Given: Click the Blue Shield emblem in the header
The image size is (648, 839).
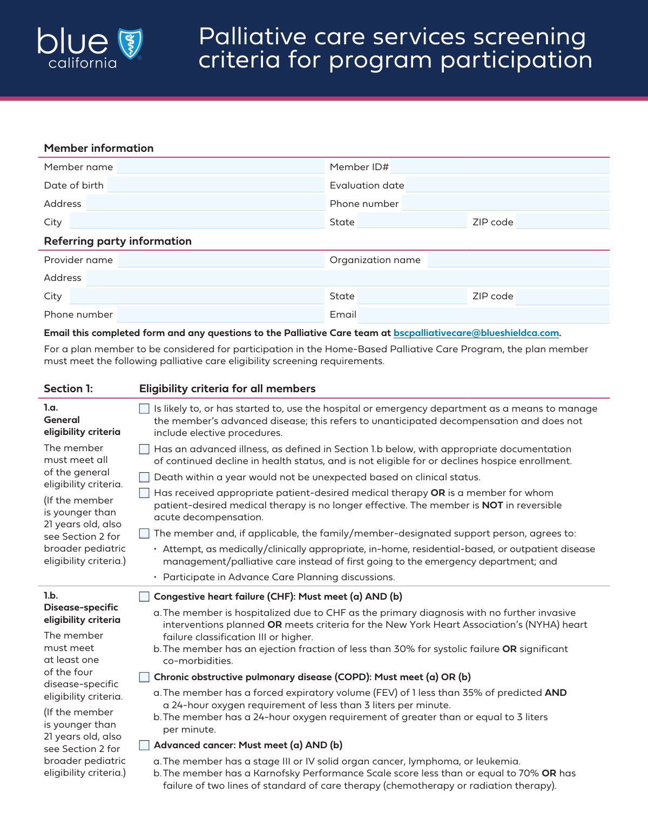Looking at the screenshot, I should [130, 44].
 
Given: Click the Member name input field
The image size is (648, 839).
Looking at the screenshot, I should [220, 166].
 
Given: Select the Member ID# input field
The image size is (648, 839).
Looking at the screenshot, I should [500, 166].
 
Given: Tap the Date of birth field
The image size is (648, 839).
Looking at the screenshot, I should [215, 185].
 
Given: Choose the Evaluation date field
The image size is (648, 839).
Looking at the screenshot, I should [507, 185].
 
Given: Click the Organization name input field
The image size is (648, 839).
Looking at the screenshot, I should [518, 260].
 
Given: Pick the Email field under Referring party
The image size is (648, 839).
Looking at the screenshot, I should [483, 314].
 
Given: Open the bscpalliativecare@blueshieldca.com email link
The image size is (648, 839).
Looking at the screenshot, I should [476, 333].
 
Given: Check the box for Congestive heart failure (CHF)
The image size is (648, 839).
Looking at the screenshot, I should [144, 596].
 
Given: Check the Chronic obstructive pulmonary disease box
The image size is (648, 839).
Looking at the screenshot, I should [144, 677].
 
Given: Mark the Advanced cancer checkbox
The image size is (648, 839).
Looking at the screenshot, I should [144, 745].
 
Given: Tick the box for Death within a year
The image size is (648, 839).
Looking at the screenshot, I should [144, 477].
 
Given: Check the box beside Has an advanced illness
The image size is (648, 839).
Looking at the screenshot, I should [144, 449].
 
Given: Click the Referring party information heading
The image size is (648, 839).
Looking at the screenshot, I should [118, 241].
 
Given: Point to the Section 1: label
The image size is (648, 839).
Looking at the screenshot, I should [68, 388].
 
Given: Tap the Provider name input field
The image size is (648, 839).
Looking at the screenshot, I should [221, 260].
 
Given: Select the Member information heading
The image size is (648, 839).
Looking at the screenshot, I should [99, 148].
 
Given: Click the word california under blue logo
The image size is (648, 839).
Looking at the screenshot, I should [82, 63].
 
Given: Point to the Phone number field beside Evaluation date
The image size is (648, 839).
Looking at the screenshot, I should [505, 204].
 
